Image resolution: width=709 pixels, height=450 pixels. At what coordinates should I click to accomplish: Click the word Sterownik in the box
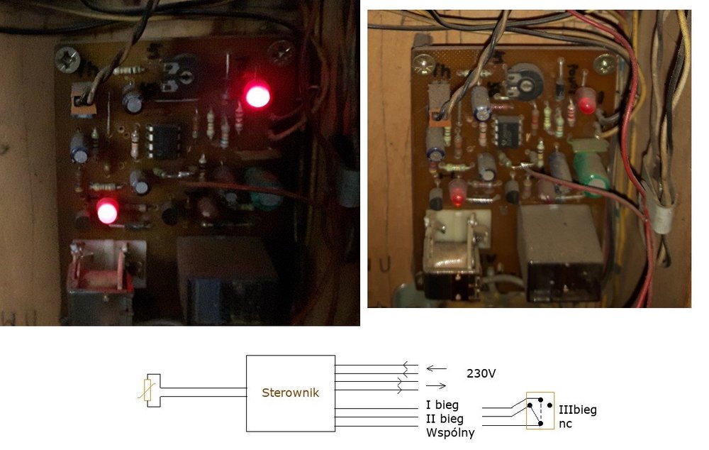tap(291, 393)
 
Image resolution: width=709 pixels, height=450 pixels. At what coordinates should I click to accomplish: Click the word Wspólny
tap(450, 432)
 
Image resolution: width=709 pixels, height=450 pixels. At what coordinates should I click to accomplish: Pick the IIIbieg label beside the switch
tap(578, 410)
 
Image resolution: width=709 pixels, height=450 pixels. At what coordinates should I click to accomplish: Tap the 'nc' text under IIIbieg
tap(565, 424)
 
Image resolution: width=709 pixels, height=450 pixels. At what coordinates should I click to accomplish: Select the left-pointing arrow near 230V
tap(435, 369)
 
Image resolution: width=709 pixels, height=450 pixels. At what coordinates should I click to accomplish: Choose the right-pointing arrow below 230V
tap(435, 385)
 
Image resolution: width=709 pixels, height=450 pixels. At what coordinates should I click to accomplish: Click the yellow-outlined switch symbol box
tap(540, 411)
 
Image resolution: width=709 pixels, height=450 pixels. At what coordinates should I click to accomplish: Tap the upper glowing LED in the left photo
tap(257, 94)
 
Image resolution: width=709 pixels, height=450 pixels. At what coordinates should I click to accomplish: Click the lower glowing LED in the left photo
tap(107, 210)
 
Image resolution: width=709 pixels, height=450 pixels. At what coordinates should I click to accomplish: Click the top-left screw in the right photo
tap(423, 64)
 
